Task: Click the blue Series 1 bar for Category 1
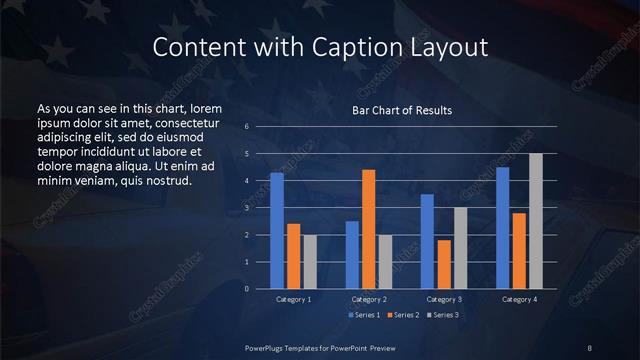click(x=277, y=231)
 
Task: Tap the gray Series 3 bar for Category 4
click(x=536, y=221)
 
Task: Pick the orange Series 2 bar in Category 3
click(x=444, y=264)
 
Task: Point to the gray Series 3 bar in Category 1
click(x=309, y=262)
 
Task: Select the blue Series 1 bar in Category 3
click(x=427, y=241)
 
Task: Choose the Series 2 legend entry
click(x=404, y=315)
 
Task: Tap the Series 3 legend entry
click(x=443, y=315)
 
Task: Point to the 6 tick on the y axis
click(x=246, y=128)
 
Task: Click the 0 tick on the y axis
click(x=246, y=289)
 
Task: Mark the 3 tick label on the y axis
click(x=246, y=208)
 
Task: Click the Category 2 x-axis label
click(x=369, y=300)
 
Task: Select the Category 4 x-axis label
click(x=519, y=300)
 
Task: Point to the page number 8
click(x=590, y=347)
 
